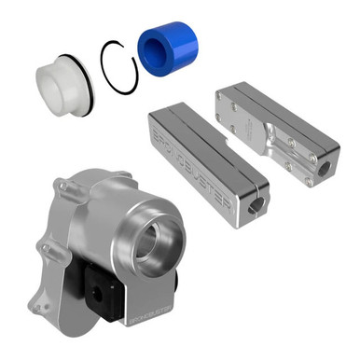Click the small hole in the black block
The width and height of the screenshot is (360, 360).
point(97,300)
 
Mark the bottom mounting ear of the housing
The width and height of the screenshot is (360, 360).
point(41,304)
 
